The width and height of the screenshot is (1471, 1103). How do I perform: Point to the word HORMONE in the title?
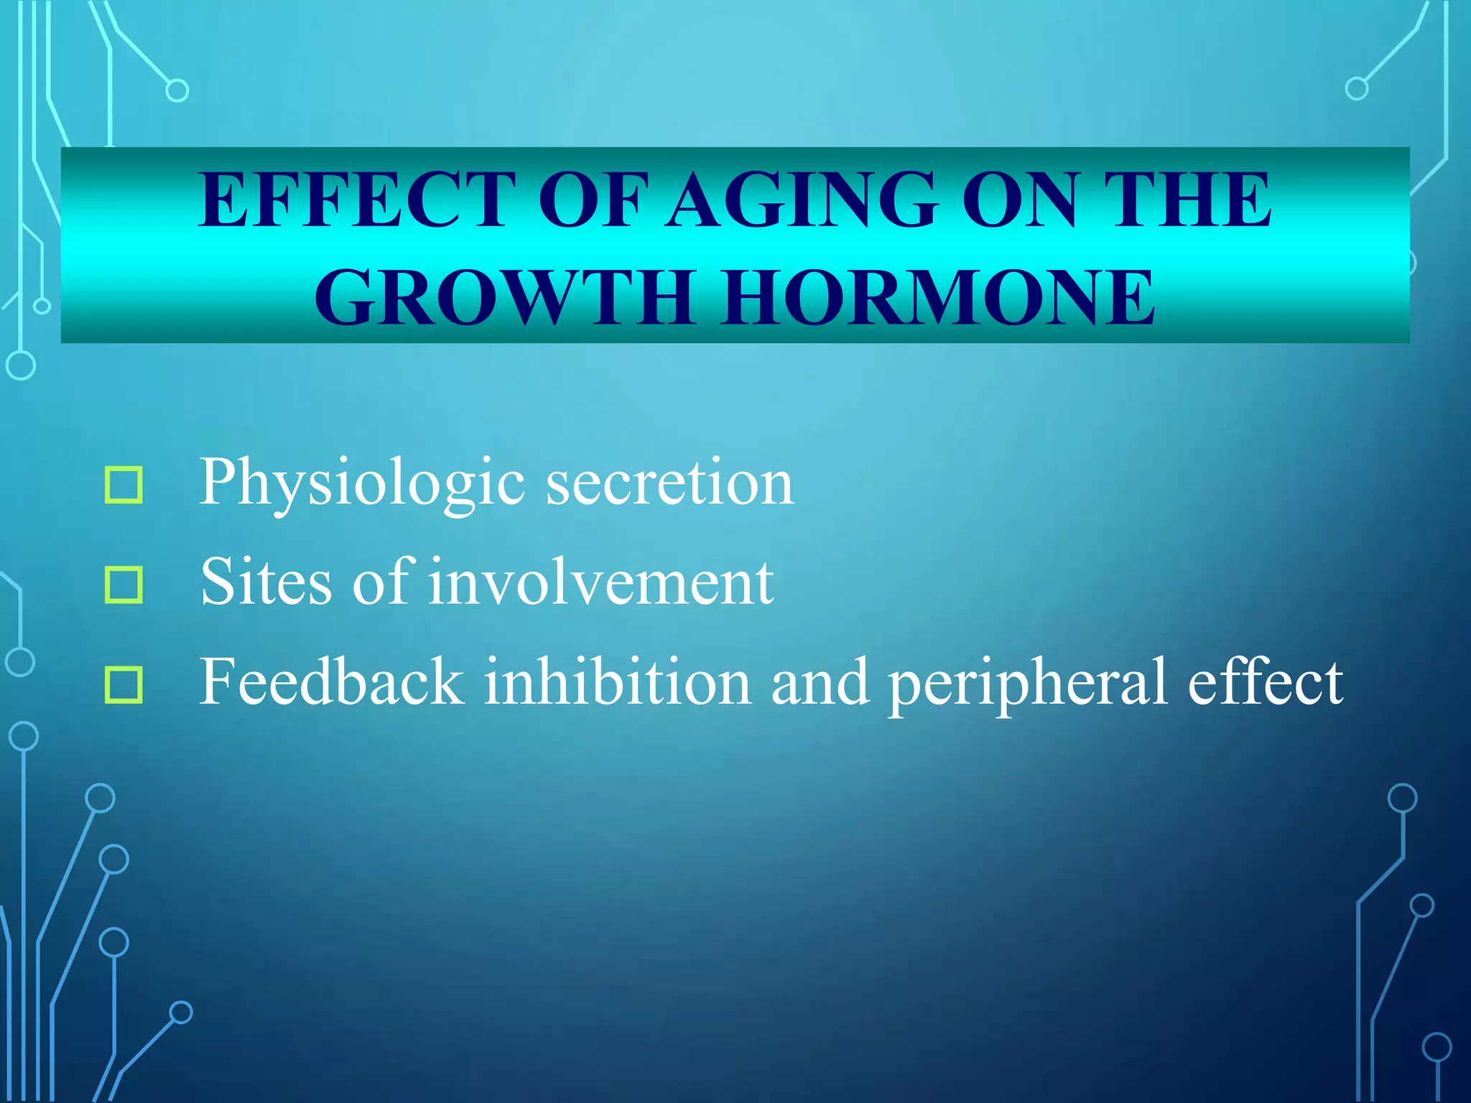[938, 297]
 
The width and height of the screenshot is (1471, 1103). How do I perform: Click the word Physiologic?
[362, 483]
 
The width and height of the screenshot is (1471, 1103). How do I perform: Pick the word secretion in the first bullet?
[669, 483]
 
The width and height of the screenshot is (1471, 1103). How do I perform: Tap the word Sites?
[266, 582]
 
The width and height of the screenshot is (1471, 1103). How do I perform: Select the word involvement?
[602, 582]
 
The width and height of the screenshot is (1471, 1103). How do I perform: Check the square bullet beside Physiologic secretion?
[124, 485]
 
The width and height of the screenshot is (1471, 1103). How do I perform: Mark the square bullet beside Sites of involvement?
[124, 585]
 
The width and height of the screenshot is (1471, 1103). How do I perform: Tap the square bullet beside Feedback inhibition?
[124, 684]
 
